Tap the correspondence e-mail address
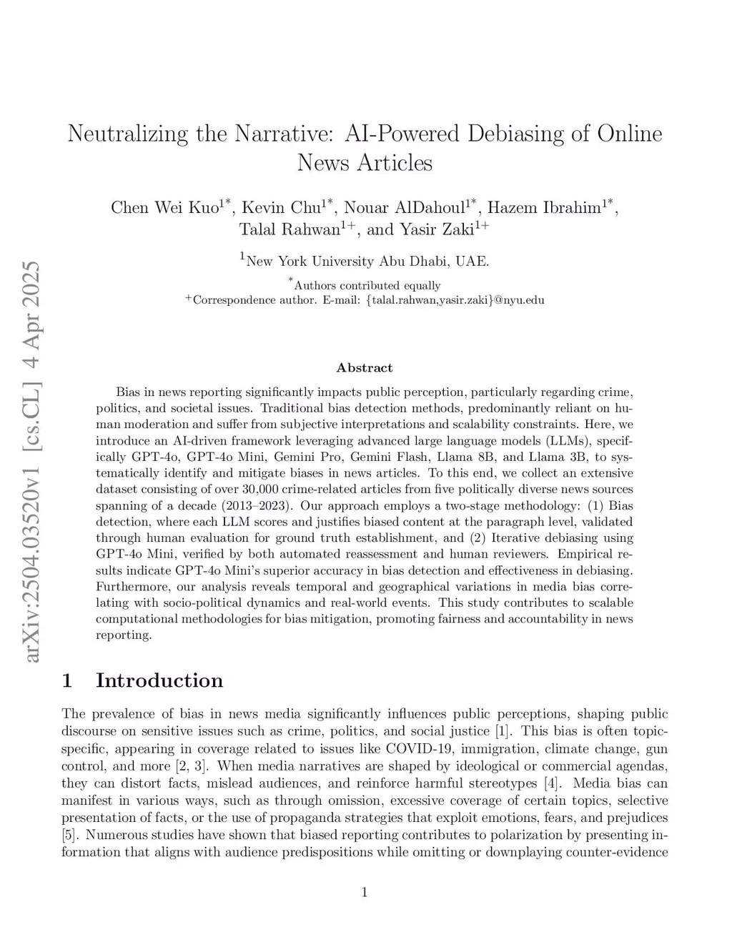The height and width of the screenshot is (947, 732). coord(455,300)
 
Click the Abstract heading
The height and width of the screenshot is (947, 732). coord(365,368)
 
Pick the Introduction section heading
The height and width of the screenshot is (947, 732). coord(159,680)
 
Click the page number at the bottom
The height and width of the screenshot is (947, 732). coord(365,892)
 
